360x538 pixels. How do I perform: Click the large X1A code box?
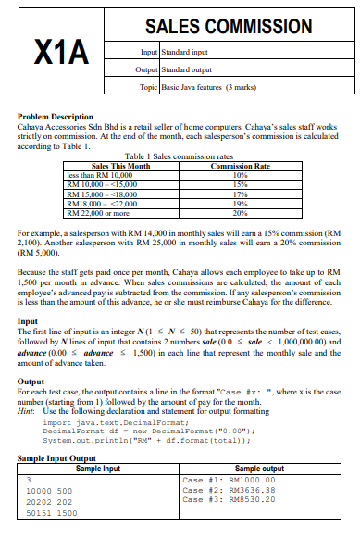point(63,51)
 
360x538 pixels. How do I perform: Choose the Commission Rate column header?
point(240,165)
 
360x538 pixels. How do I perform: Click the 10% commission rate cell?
point(240,172)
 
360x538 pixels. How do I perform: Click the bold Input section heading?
point(28,320)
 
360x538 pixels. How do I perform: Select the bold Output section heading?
point(31,382)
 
